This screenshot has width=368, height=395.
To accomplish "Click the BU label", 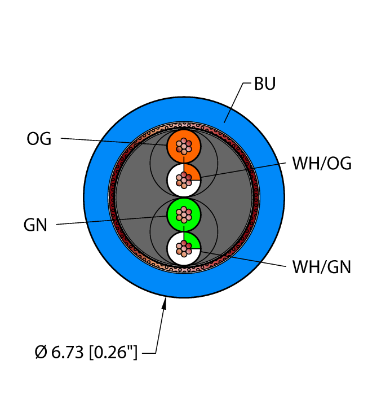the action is pyautogui.click(x=265, y=84).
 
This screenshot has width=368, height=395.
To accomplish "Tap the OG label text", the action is pyautogui.click(x=39, y=139).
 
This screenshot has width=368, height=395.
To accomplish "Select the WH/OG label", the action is pyautogui.click(x=322, y=164).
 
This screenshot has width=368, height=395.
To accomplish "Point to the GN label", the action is pyautogui.click(x=35, y=225).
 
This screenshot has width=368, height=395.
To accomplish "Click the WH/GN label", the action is pyautogui.click(x=321, y=267).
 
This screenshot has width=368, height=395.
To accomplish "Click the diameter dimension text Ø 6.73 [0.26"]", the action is pyautogui.click(x=86, y=352).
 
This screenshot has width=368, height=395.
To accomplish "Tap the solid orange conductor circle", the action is pyautogui.click(x=184, y=146).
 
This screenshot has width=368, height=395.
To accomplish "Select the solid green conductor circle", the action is pyautogui.click(x=184, y=215).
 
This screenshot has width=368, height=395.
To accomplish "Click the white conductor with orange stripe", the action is pyautogui.click(x=184, y=180).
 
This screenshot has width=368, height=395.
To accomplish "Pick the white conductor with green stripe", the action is pyautogui.click(x=184, y=249).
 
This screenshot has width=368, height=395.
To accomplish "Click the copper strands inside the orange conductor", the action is pyautogui.click(x=184, y=146).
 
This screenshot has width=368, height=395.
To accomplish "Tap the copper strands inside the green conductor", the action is pyautogui.click(x=184, y=215).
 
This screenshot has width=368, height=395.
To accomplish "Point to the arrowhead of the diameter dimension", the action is pyautogui.click(x=165, y=303).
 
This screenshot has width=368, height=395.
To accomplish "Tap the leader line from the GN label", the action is pyautogui.click(x=112, y=220).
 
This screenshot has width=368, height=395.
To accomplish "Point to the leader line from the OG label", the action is pyautogui.click(x=114, y=142).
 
